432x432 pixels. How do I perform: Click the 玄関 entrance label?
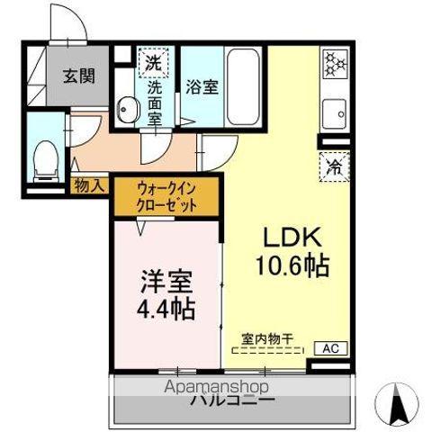point(79,76)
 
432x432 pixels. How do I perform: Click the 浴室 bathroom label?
point(201,87)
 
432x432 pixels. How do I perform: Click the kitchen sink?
point(334,115)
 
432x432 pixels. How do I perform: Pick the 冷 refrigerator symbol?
point(333,166)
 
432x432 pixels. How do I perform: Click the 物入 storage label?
point(91,185)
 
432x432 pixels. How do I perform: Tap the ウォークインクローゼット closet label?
point(166,194)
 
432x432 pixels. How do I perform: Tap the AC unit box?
point(329,347)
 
